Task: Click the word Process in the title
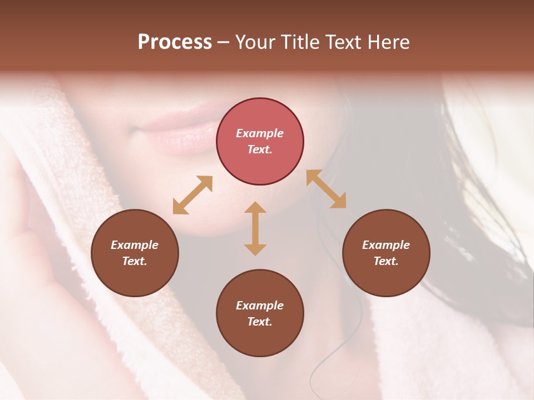(175, 42)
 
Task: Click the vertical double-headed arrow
(255, 228)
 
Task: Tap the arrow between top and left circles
(192, 194)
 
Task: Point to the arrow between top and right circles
(326, 189)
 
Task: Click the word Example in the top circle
(260, 133)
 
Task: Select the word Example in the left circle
(135, 245)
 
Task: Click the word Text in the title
(342, 42)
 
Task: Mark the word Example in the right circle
(386, 245)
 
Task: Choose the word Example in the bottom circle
(260, 306)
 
